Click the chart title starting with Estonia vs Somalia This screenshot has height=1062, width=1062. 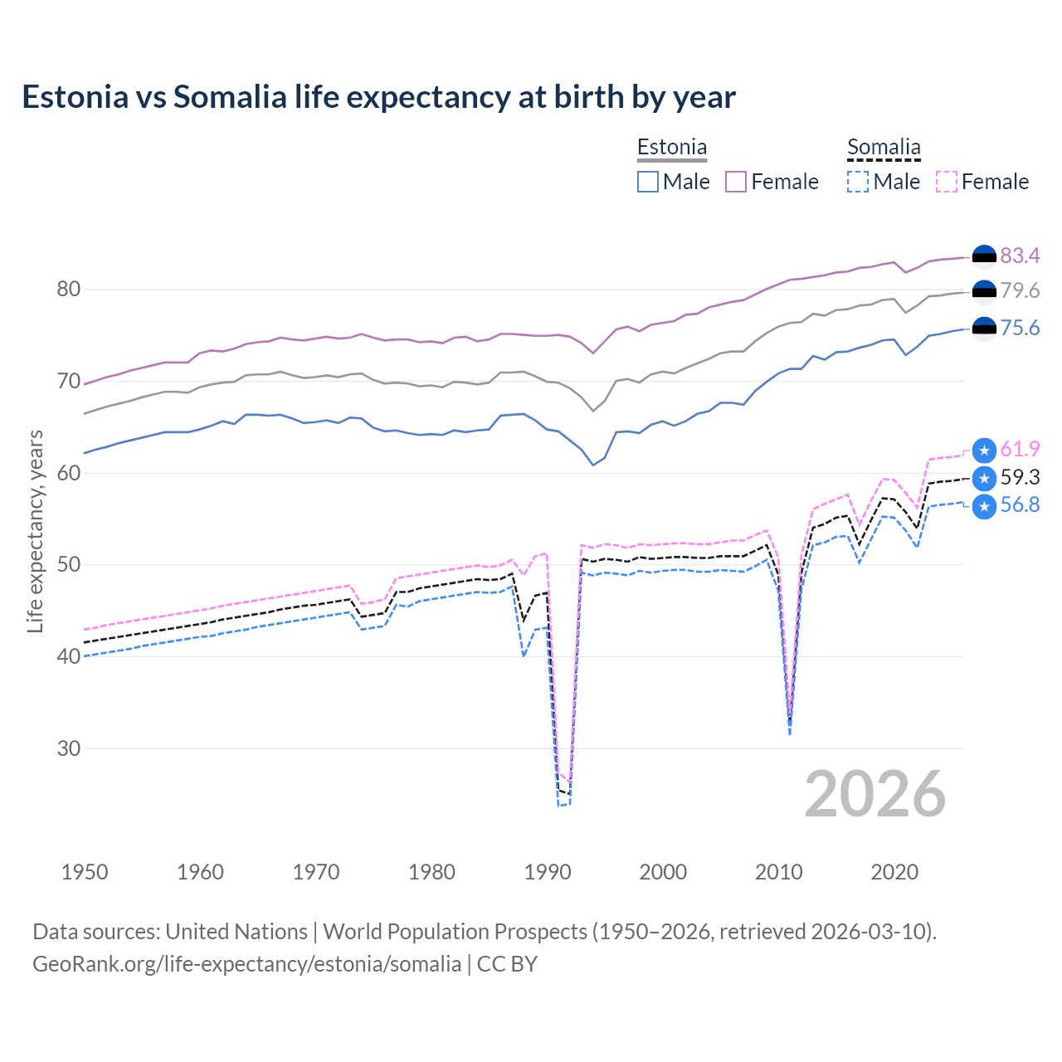[378, 97]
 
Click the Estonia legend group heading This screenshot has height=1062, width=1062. [671, 147]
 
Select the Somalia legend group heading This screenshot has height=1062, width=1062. [884, 147]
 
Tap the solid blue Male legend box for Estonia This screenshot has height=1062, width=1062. [648, 182]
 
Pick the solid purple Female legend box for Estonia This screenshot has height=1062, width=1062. [736, 182]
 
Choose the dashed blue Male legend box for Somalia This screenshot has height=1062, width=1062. [858, 182]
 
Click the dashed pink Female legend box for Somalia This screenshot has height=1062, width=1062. [947, 182]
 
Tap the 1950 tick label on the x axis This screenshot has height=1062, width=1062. [85, 872]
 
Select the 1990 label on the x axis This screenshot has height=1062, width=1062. [548, 872]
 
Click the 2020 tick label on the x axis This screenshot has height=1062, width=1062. [894, 872]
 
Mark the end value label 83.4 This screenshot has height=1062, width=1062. [1020, 256]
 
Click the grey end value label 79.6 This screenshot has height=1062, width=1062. [1020, 290]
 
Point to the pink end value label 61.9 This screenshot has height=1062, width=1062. [1020, 449]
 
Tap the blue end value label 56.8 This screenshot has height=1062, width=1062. [1020, 504]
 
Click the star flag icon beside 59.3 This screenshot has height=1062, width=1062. [984, 479]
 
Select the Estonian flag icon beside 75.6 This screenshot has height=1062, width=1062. [984, 329]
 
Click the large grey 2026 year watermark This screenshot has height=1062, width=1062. [874, 794]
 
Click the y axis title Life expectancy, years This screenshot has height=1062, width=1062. [35, 531]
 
